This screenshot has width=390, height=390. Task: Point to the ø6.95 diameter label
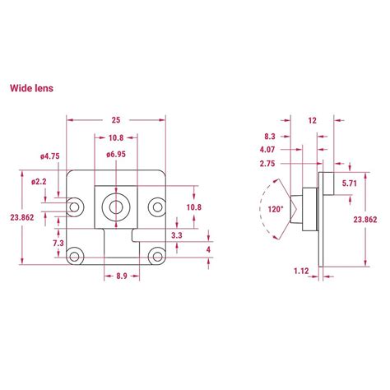point(115,155)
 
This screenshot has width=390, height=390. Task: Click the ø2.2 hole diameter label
point(39,180)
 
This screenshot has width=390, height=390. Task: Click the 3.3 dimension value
point(177,235)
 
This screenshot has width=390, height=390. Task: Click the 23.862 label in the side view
point(364,220)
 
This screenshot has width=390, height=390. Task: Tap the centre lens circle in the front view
point(115,203)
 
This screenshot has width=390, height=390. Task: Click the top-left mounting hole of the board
point(78,203)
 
